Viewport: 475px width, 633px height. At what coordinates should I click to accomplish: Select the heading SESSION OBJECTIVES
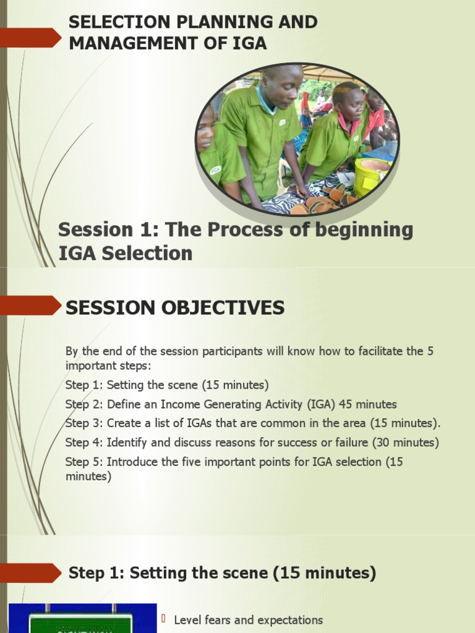pos(175,308)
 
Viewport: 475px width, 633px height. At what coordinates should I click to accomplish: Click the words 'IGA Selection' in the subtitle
pos(125,253)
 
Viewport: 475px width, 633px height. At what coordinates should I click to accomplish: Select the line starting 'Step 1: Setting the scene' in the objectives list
pos(167,385)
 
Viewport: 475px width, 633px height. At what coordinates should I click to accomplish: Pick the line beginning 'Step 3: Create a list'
pos(252,423)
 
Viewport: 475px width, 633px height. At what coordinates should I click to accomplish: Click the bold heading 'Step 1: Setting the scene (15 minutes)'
pos(222,573)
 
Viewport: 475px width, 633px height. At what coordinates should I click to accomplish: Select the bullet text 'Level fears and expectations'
pos(248,620)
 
